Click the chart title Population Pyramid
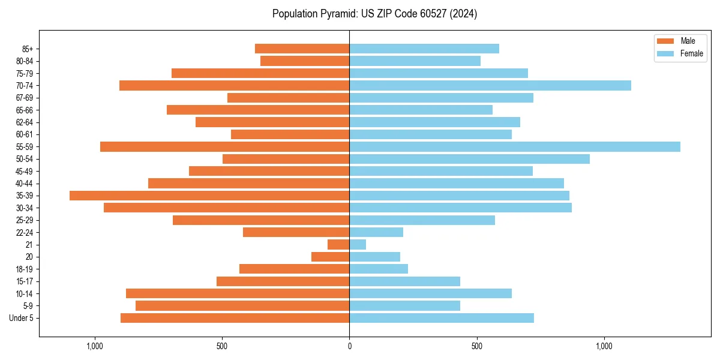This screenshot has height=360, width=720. [374, 14]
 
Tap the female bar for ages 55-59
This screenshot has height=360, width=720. [514, 146]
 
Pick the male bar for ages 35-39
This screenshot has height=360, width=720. [209, 196]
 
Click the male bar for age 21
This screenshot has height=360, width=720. [338, 244]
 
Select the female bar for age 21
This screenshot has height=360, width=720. [358, 244]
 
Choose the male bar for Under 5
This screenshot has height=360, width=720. [235, 318]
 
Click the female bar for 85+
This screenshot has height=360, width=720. [424, 49]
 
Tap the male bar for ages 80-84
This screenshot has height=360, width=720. [305, 61]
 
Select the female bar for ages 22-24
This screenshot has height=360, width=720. [376, 232]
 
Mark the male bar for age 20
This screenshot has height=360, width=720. [330, 257]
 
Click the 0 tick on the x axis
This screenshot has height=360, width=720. [349, 346]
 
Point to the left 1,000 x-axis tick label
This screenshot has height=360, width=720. [95, 346]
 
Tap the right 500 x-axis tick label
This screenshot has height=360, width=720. [476, 346]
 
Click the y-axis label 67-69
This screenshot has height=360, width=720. [25, 98]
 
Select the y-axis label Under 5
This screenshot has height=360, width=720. [22, 318]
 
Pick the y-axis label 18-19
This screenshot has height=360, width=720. [25, 269]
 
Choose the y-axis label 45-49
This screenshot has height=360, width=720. [25, 171]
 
